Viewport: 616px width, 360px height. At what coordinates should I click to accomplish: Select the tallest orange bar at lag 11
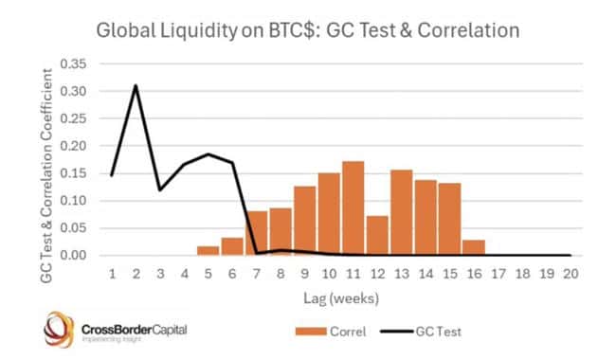tap(353, 208)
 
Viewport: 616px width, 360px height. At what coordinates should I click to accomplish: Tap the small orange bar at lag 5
tap(208, 250)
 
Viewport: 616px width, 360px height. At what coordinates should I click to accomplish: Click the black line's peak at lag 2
tap(136, 85)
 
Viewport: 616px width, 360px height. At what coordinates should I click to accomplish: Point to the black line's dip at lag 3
tap(159, 189)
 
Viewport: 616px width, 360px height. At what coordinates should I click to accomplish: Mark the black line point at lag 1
tap(112, 175)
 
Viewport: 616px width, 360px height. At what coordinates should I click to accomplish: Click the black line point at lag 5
tap(208, 153)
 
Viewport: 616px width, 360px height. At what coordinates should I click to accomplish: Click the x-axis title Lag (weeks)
tap(340, 299)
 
